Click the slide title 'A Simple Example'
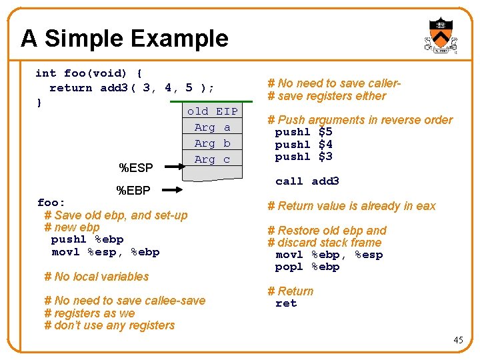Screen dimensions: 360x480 [x=124, y=39]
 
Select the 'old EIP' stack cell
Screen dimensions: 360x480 [x=212, y=111]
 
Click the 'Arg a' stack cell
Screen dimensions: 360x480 [x=212, y=127]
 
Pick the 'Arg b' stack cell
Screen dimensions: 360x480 [x=212, y=143]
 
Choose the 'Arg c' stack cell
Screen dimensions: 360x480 [x=212, y=159]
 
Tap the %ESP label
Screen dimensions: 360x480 [x=135, y=167]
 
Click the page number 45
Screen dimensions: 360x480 [x=458, y=340]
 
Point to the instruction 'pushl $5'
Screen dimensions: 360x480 [x=303, y=132]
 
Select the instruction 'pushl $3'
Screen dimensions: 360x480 [x=303, y=157]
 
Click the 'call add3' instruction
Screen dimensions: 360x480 [x=307, y=181]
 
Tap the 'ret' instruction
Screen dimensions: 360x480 [x=286, y=303]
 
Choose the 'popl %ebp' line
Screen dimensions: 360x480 [x=307, y=267]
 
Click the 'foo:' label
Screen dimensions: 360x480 [x=51, y=203]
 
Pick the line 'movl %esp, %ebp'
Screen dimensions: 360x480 [x=105, y=252]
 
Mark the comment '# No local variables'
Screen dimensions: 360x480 [x=97, y=277]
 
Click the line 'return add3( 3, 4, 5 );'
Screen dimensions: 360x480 [x=131, y=88]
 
